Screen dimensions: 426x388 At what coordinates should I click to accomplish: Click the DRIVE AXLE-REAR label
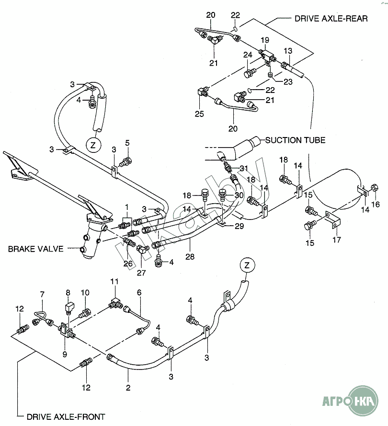(x=331, y=18)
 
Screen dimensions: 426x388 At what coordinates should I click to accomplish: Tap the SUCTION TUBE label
(x=295, y=140)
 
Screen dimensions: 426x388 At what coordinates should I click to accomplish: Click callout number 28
(x=191, y=257)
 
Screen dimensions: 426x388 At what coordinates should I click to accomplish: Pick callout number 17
(x=337, y=240)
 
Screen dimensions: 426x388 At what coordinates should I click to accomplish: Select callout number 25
(x=199, y=114)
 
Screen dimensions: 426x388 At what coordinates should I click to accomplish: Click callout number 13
(x=301, y=51)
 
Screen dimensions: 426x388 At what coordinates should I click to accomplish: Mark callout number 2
(x=128, y=388)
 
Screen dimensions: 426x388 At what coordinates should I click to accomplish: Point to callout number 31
(x=245, y=168)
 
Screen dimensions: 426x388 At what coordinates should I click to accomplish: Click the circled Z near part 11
(x=246, y=265)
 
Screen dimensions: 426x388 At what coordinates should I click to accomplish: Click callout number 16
(x=376, y=204)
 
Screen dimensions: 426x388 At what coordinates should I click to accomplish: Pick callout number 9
(x=65, y=355)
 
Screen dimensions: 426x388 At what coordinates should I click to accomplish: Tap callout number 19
(x=265, y=40)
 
